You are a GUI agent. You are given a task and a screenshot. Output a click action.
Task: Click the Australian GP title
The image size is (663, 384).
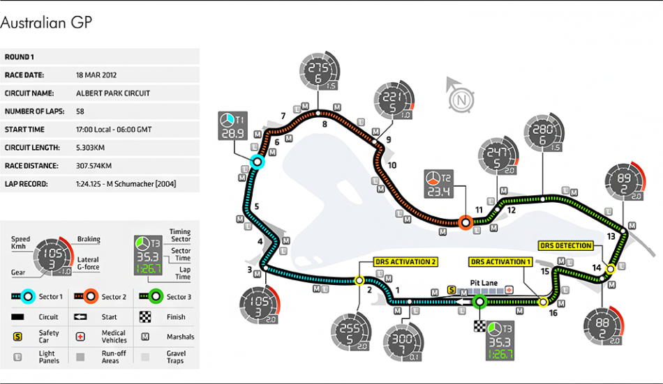coord(46,23)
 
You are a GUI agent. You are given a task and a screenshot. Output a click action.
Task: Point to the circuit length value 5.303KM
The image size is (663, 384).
coord(94,148)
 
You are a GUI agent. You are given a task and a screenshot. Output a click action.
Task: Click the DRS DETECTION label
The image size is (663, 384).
coord(565,245)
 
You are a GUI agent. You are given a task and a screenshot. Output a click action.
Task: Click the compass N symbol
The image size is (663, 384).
coord(459,100)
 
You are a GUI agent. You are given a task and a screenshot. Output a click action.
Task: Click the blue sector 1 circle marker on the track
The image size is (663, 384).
coord(257,162)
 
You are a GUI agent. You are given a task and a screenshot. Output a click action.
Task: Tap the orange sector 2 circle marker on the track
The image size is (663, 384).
coord(465,223)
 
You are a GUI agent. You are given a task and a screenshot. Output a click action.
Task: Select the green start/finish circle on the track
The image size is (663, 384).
coord(479,302)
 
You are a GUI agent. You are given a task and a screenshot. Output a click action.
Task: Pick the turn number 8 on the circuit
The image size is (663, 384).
coord(325,125)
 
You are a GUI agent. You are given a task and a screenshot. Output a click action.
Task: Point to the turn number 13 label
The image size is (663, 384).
coord(611,236)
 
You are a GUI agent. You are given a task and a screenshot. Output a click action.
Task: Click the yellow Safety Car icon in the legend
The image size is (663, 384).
coord(17,337)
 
